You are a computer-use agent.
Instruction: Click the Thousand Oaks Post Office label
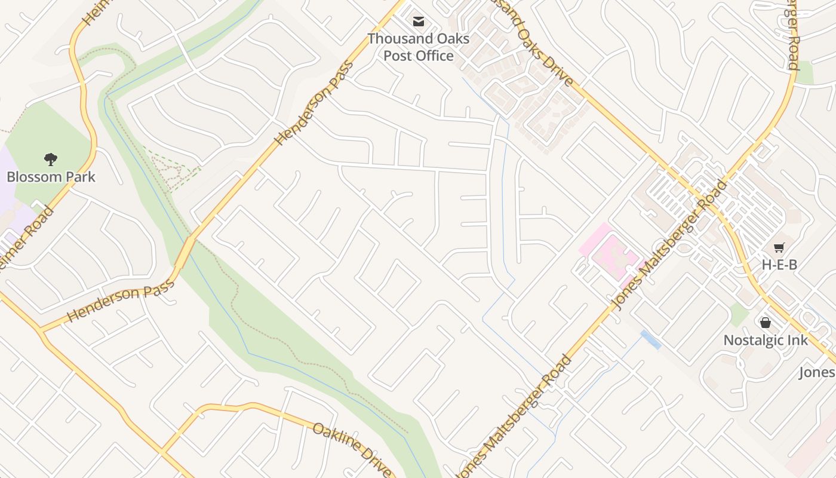click(418, 47)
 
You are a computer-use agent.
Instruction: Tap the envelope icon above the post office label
click(419, 22)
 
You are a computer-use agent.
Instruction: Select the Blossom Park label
click(51, 177)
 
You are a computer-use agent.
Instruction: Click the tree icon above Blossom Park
click(51, 159)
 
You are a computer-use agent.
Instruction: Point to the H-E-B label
click(779, 265)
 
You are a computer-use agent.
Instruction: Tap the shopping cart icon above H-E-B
click(779, 247)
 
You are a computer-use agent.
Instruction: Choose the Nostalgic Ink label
click(766, 341)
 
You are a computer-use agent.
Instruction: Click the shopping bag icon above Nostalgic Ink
click(766, 323)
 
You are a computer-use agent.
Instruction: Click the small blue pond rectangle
click(651, 340)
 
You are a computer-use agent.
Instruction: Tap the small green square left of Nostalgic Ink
click(739, 314)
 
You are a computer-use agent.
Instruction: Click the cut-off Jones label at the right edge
click(817, 373)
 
